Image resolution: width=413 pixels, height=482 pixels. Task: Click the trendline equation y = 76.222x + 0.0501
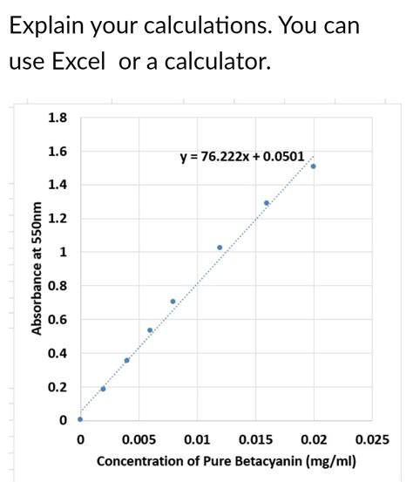pyautogui.click(x=241, y=157)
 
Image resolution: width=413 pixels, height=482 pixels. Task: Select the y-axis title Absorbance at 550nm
pyautogui.click(x=37, y=268)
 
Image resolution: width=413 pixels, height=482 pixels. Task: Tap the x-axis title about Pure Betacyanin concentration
pyautogui.click(x=226, y=460)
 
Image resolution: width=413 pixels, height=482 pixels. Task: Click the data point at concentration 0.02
pyautogui.click(x=314, y=166)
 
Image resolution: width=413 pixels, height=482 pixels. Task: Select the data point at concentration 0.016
pyautogui.click(x=267, y=203)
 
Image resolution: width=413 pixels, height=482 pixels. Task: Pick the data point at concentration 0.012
pyautogui.click(x=220, y=248)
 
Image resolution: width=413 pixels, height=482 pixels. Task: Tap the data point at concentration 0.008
pyautogui.click(x=173, y=302)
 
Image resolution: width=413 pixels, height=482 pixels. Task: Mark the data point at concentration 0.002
pyautogui.click(x=103, y=389)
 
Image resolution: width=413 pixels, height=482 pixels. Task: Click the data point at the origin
pyautogui.click(x=80, y=419)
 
